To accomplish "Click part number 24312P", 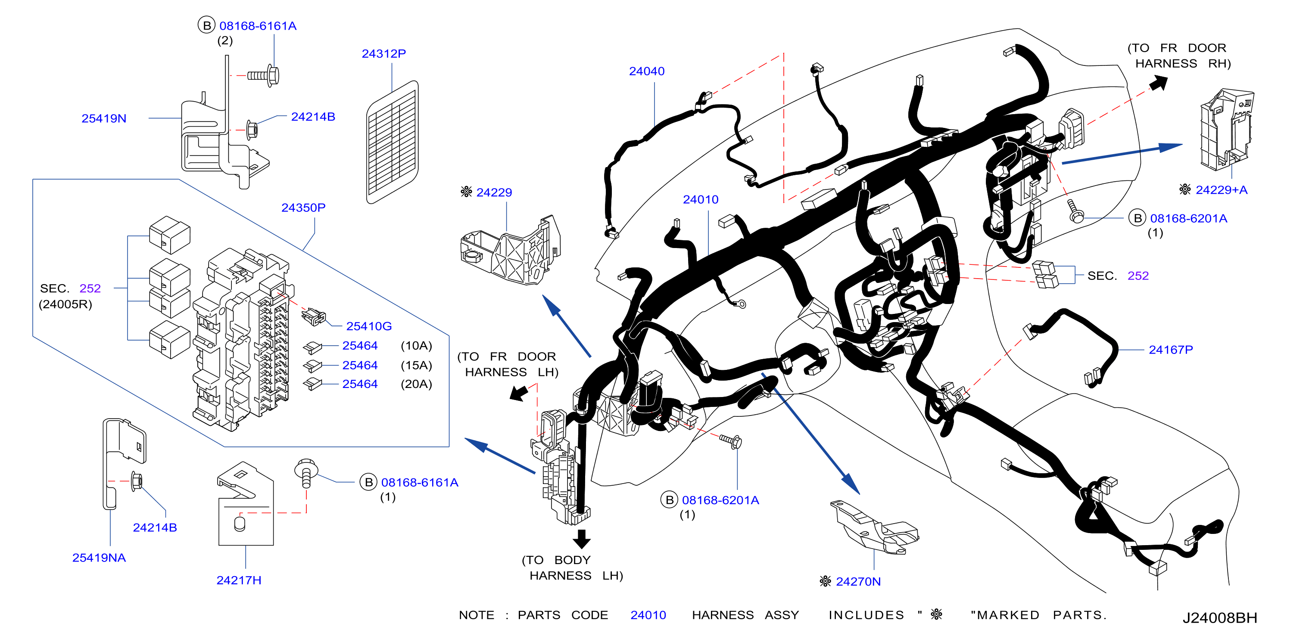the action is [x=383, y=53].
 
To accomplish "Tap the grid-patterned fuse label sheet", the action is [x=392, y=142].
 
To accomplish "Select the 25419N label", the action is [x=104, y=118].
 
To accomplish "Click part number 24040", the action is [x=646, y=71].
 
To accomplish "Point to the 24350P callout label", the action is [x=303, y=207].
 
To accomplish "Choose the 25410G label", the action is [x=369, y=326].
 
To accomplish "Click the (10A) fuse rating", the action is [x=416, y=345].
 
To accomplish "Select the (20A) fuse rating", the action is [x=416, y=384].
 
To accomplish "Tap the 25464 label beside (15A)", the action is [x=360, y=365].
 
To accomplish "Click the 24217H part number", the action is [x=239, y=580].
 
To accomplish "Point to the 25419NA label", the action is [x=99, y=558].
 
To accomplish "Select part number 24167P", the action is [x=1171, y=350].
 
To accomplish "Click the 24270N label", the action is [x=858, y=582].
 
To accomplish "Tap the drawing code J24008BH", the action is [x=1219, y=617].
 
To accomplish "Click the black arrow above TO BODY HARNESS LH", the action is [x=581, y=539].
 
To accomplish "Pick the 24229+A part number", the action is [x=1222, y=190].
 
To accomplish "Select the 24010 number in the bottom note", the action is [x=648, y=615].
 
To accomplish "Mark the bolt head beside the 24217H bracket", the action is [x=306, y=467].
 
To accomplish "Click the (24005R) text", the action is [x=65, y=304].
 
